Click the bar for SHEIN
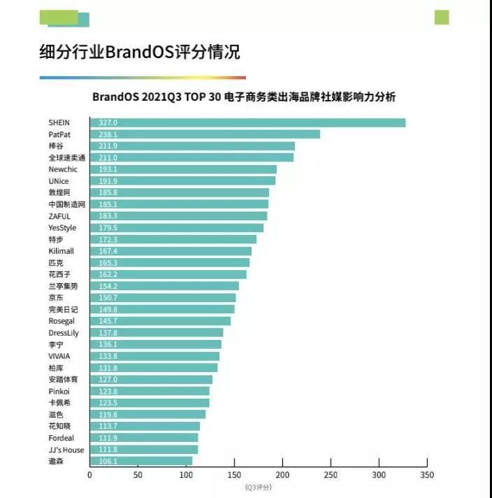(247, 123)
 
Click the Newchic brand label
(63, 169)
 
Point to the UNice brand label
(59, 181)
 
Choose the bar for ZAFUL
(178, 216)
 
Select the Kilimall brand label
(61, 251)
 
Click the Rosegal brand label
(61, 321)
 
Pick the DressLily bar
(157, 333)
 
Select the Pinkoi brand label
(59, 391)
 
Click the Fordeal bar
(144, 438)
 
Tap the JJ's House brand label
(66, 450)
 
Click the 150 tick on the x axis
(234, 475)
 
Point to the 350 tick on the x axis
(427, 475)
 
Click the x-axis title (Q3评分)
(258, 487)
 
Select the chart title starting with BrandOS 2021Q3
(248, 97)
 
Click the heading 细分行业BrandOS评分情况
(140, 53)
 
